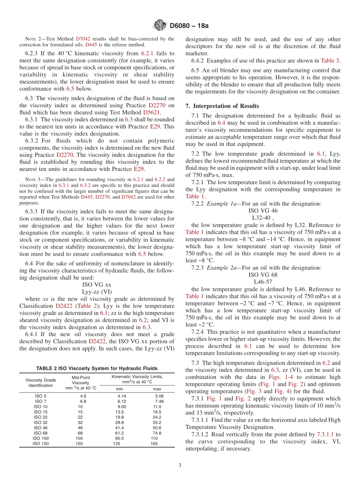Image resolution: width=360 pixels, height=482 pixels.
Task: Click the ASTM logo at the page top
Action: [x=160, y=26]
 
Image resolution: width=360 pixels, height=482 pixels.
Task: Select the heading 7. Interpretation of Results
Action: [x=222, y=106]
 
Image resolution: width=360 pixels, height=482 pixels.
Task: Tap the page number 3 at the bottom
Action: [x=180, y=466]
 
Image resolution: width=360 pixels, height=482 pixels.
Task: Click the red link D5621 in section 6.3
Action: [x=152, y=113]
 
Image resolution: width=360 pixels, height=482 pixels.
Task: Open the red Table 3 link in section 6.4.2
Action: [x=330, y=61]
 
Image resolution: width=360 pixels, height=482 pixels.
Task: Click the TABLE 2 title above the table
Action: [x=97, y=368]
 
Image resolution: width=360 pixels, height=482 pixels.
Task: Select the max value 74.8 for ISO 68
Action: [x=157, y=433]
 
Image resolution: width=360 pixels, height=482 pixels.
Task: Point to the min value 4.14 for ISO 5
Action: [x=122, y=396]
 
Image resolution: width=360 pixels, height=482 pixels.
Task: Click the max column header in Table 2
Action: [x=157, y=389]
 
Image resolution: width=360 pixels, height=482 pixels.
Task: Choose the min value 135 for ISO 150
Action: [x=117, y=444]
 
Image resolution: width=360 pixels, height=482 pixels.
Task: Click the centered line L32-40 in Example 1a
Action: [x=263, y=218]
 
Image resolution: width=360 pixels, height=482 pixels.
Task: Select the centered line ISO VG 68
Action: [x=263, y=274]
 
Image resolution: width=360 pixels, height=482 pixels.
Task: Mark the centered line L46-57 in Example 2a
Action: [x=263, y=282]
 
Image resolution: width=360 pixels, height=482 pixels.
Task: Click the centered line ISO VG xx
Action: [x=97, y=284]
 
